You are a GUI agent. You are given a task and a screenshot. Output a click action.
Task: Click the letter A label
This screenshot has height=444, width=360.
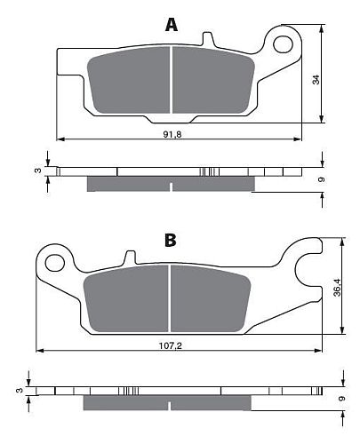click(172, 25)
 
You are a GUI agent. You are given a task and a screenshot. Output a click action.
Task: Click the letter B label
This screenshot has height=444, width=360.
click(171, 240)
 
